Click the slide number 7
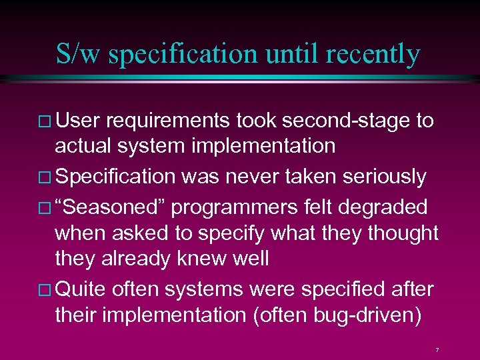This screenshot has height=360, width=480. [437, 349]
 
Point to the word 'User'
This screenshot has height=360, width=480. [77, 121]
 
